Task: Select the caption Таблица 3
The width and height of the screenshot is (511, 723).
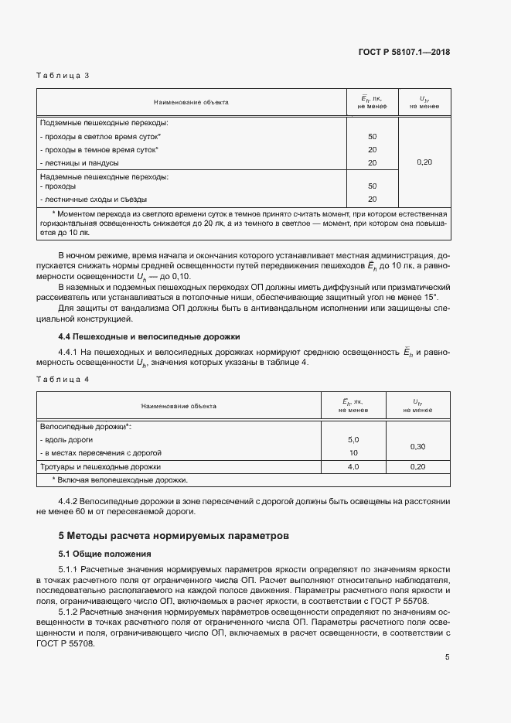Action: coord(63,76)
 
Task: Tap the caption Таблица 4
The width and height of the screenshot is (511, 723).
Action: coord(63,379)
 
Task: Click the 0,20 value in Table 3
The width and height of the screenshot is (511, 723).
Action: coord(424,162)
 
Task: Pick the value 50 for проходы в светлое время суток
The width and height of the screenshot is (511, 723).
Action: coord(372,136)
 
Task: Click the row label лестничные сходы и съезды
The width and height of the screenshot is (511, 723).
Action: coord(93,200)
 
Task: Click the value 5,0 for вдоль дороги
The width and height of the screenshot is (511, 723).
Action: coord(353,439)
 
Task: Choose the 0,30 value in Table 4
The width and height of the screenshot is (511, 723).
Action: coord(418,446)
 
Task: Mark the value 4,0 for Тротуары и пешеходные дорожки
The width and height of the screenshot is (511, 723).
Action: coord(353,467)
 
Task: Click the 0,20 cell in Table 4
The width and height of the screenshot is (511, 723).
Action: coord(418,467)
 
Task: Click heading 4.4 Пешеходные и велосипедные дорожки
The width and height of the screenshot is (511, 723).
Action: coord(149,336)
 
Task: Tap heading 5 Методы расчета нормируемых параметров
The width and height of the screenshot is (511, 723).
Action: coord(174,534)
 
